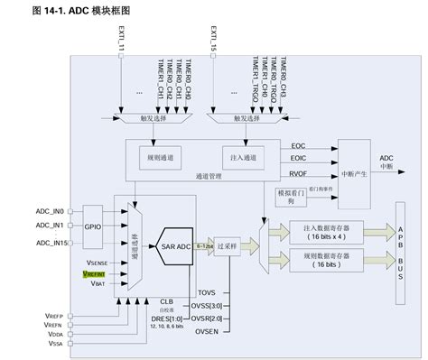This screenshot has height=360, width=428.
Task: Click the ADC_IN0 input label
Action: pos(51,211)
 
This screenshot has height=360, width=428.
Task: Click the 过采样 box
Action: pos(238,245)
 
